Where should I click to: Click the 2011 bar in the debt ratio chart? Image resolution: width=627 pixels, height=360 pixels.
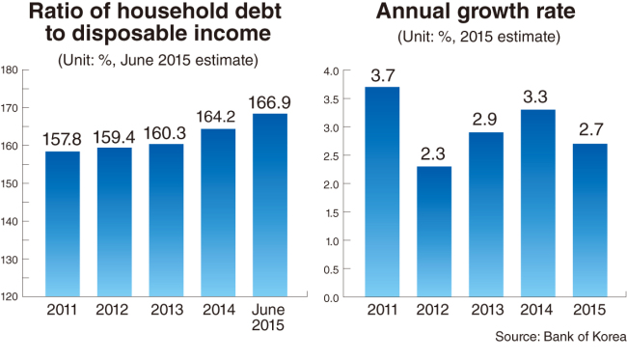coord(63,224)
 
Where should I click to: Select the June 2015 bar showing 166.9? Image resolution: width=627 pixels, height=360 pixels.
coord(270,206)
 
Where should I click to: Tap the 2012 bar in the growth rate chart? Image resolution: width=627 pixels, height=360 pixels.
coord(434,232)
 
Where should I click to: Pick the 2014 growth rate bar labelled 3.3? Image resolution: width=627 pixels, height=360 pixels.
coord(538,204)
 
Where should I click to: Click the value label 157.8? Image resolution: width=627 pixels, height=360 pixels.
coord(62,140)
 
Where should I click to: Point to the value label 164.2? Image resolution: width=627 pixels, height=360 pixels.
coord(215,117)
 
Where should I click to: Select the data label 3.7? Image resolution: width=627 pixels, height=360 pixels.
coord(383,75)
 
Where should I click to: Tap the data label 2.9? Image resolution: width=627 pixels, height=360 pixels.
coord(484,120)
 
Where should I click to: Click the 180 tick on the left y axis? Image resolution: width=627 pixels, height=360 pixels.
coord(10,70)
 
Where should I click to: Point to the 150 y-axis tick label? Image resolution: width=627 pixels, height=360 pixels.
coord(10,183)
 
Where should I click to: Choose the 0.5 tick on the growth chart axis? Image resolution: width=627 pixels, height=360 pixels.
coord(331,269)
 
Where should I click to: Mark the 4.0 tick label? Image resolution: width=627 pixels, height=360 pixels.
coord(331,71)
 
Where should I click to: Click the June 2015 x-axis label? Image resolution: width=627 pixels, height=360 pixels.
coord(268,317)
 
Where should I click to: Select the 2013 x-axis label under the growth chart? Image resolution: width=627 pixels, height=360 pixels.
coord(487,310)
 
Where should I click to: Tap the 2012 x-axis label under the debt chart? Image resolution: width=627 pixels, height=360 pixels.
coord(112,310)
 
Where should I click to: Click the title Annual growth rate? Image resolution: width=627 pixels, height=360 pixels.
coord(476,12)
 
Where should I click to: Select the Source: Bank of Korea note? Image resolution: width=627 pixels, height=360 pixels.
coord(560,337)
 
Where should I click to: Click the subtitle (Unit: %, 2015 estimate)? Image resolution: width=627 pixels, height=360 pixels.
coord(479,37)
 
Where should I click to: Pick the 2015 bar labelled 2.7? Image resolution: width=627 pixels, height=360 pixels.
coord(589,220)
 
